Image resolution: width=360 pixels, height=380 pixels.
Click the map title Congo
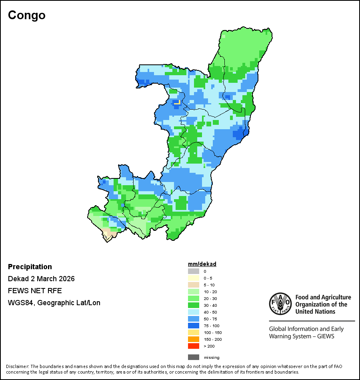coord(27,16)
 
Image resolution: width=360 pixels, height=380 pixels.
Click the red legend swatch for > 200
coord(194,346)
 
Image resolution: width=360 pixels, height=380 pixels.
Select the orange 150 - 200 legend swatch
coord(194,339)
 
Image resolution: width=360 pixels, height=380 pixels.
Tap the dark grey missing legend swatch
coord(194,357)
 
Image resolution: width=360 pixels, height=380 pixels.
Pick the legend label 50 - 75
coord(210,319)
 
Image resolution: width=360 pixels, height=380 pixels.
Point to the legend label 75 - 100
coord(211,326)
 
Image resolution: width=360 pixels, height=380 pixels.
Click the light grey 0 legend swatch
coord(194,271)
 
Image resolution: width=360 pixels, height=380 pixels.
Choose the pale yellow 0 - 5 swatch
coord(194,278)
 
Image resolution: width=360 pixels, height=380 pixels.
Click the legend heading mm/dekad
coord(202,264)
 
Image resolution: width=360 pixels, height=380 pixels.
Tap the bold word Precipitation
coord(30,267)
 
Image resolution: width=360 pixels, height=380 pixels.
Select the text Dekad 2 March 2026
coord(41,279)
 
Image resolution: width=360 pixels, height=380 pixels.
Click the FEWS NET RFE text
coord(35,291)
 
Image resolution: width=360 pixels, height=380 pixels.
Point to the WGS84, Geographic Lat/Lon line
coord(54,303)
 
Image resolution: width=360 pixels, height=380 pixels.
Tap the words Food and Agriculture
coord(323,297)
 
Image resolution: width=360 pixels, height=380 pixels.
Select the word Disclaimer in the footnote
coord(17,366)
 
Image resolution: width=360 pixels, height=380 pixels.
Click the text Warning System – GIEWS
coord(302,336)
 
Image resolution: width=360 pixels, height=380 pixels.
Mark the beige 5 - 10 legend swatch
coord(194,285)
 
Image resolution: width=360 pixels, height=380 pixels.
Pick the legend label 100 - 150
coord(212,332)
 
